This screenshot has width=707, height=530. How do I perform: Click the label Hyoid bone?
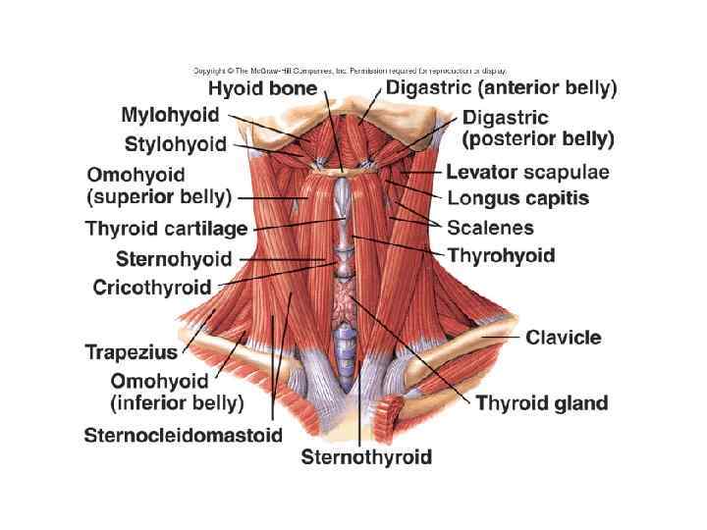[262, 89]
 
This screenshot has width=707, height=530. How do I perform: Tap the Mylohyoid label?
[170, 116]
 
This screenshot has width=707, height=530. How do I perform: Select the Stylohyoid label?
[176, 145]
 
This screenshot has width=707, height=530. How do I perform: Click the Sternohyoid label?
[174, 260]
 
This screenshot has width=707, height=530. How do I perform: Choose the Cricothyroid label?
[151, 288]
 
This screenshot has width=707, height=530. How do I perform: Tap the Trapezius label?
[131, 351]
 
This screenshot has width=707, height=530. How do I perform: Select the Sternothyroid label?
[366, 456]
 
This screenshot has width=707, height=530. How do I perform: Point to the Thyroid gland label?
[542, 402]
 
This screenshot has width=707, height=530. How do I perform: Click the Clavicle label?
[564, 339]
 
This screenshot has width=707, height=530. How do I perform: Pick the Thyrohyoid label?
[501, 256]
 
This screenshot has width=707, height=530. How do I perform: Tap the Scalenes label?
[490, 228]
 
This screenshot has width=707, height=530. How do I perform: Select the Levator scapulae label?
[527, 173]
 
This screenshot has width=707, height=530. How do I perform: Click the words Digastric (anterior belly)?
[501, 88]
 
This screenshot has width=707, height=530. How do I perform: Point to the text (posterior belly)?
[538, 139]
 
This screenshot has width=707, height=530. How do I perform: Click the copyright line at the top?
[350, 71]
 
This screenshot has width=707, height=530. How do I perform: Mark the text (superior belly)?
[159, 197]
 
